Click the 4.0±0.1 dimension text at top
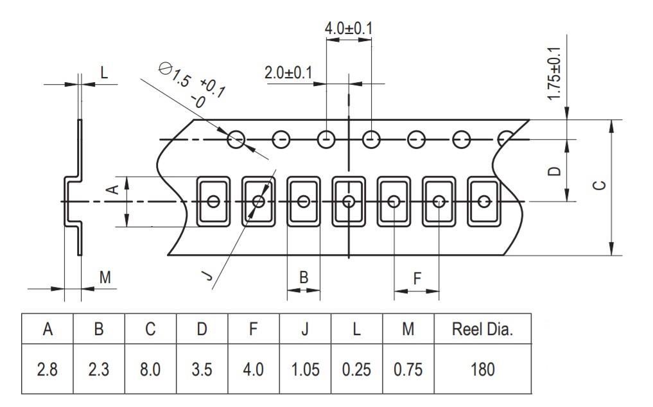(349, 29)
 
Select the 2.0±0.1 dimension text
(288, 73)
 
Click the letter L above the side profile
(104, 73)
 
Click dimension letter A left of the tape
(112, 189)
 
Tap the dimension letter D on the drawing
(555, 171)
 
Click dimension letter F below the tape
(417, 279)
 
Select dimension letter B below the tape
(304, 277)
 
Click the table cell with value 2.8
(48, 370)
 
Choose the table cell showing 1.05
(305, 370)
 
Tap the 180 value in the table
(482, 370)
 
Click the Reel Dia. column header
(482, 329)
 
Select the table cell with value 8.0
(150, 370)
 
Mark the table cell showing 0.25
(356, 370)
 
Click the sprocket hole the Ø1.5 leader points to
(237, 139)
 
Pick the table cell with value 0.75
(408, 370)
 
